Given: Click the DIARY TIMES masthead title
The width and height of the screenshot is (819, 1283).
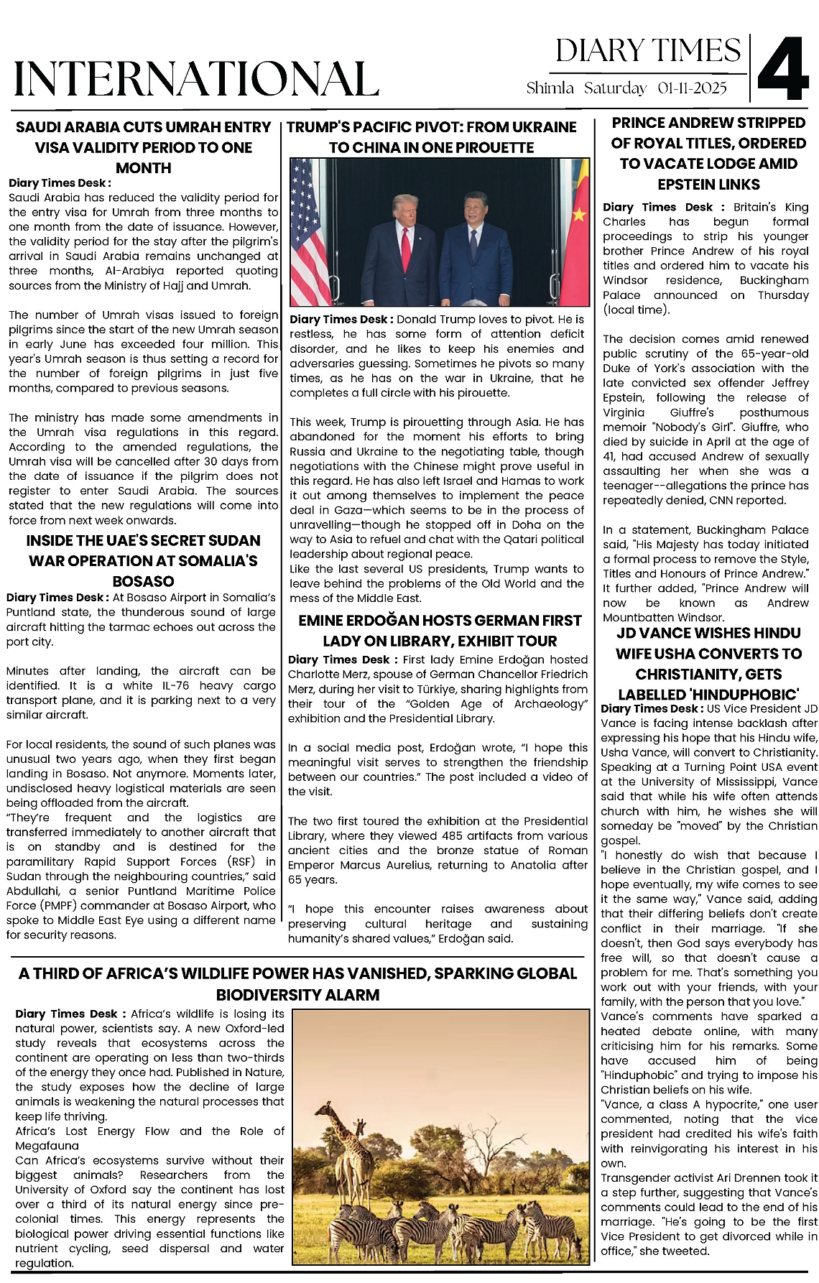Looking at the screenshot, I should pos(647,51).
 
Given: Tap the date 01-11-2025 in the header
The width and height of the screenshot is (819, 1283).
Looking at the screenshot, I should pos(692,88).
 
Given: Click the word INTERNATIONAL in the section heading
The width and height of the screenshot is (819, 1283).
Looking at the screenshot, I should pos(196,78).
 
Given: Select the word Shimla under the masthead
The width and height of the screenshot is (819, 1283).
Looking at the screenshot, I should pos(550,88).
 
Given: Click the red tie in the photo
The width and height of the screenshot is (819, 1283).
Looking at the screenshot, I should pos(406,244).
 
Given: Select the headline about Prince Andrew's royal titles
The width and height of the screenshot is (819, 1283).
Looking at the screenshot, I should pos(708,153).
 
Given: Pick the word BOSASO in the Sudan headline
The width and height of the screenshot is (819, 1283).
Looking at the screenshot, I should pos(144,581).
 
